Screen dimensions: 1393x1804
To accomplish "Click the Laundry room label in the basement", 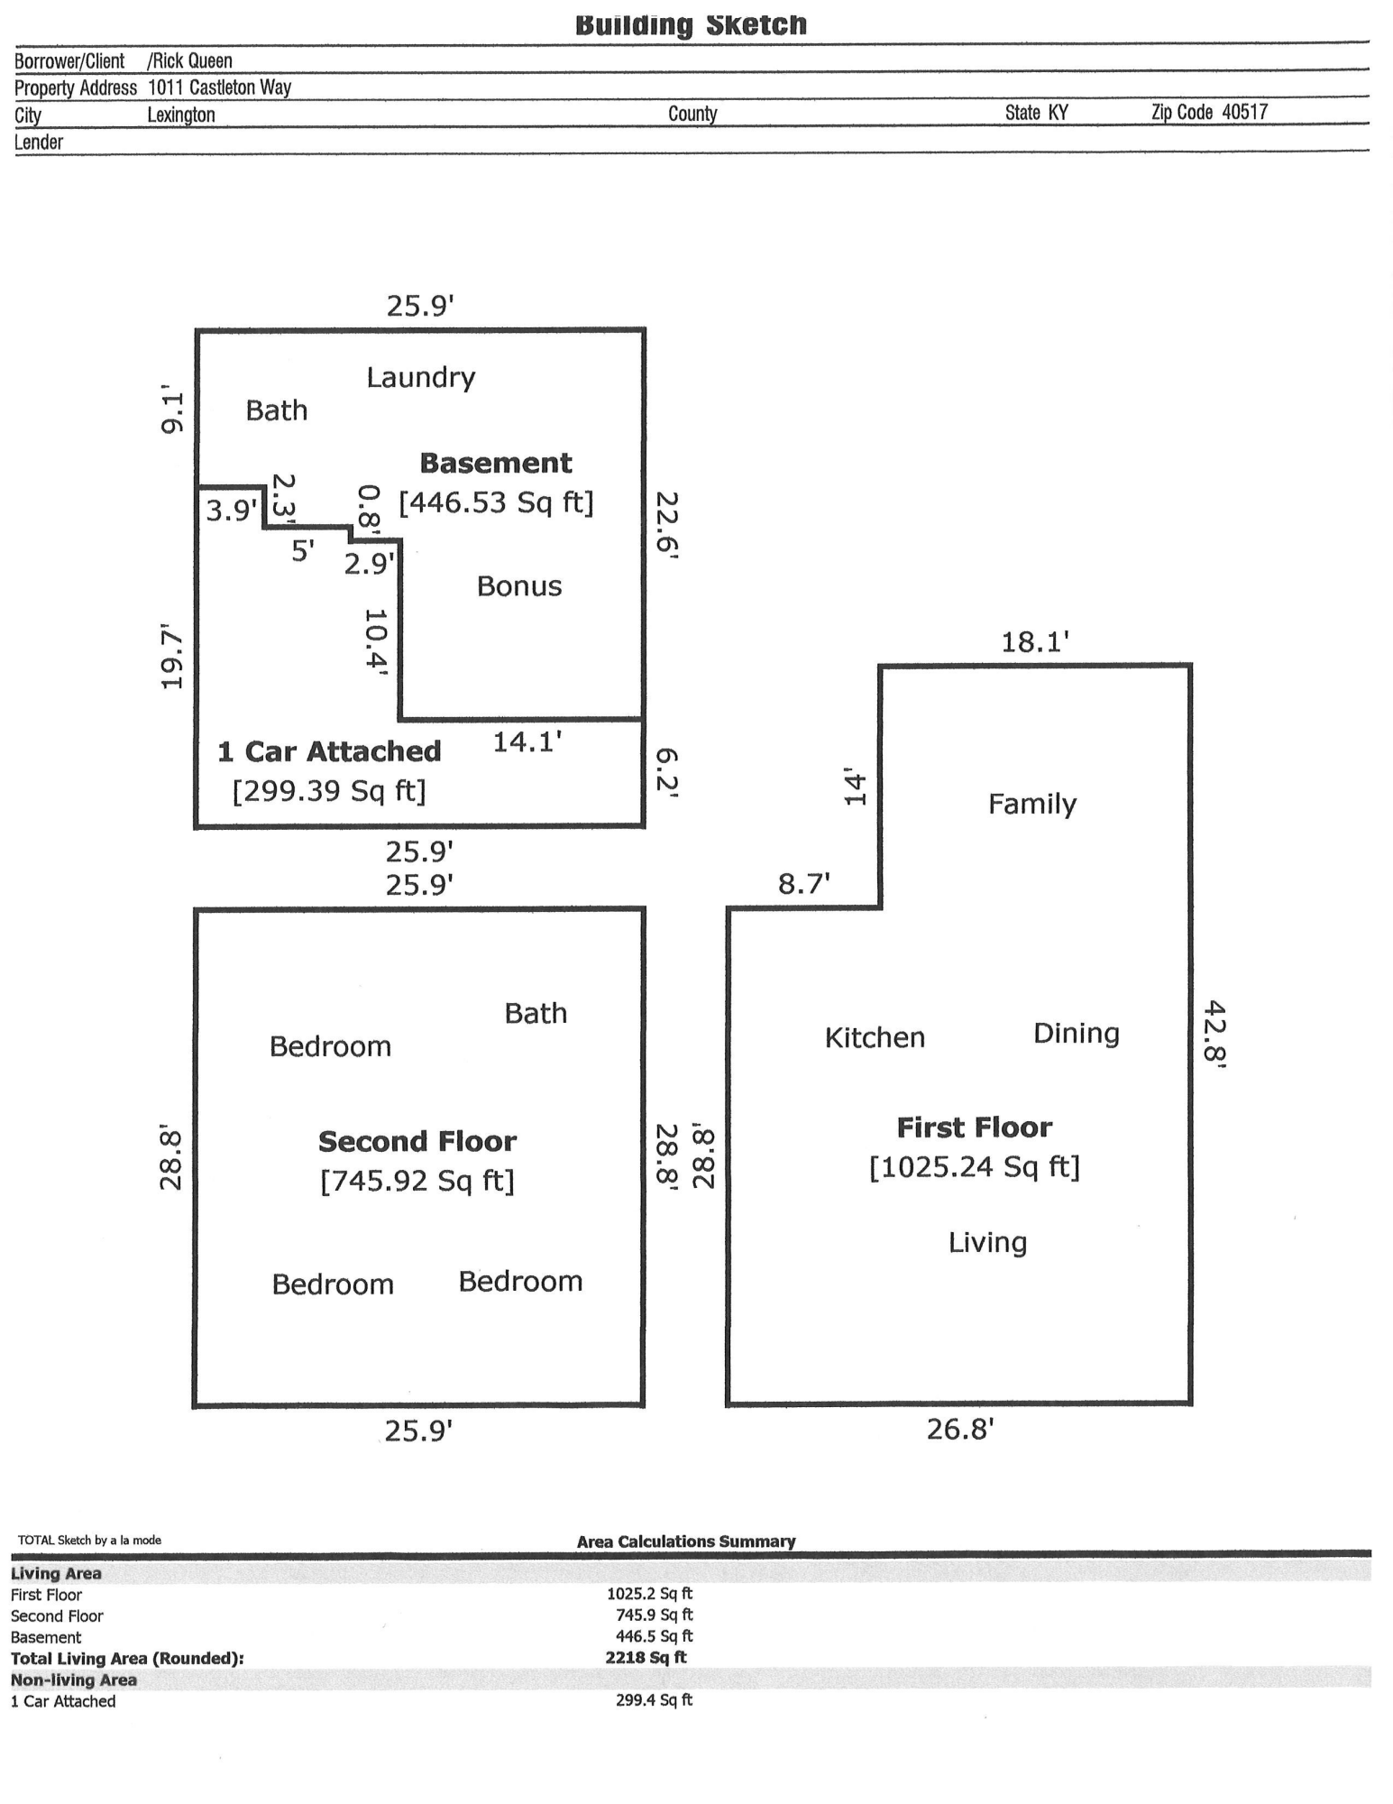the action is (420, 378).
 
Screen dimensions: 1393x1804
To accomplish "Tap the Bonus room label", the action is (519, 587).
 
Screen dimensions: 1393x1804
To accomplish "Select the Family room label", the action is (1032, 805).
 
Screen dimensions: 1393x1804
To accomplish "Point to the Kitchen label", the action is (875, 1038).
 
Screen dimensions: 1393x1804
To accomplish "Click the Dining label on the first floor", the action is (1077, 1035).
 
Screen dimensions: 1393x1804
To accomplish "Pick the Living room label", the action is (987, 1244).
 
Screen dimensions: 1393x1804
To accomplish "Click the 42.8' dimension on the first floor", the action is (1216, 1035).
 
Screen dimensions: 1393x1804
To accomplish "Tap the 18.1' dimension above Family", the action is (1035, 642).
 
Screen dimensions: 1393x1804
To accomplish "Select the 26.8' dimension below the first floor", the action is (960, 1430).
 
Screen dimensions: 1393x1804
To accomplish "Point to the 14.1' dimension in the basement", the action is (527, 742).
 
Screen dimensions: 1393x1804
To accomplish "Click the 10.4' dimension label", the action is (376, 641).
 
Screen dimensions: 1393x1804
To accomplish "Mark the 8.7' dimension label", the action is (804, 884).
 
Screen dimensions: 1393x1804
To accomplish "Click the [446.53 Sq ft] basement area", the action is (497, 502).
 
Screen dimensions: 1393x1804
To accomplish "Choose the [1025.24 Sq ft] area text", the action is (975, 1167).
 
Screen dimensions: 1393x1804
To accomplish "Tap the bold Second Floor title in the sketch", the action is (417, 1142).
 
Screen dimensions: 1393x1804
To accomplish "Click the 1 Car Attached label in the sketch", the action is (330, 752).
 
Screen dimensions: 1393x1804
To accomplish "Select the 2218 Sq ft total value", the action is (646, 1657).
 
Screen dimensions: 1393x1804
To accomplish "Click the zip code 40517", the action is (1245, 112).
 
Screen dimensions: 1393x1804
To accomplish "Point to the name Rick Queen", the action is (192, 61).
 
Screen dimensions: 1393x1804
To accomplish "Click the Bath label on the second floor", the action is (536, 1014).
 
